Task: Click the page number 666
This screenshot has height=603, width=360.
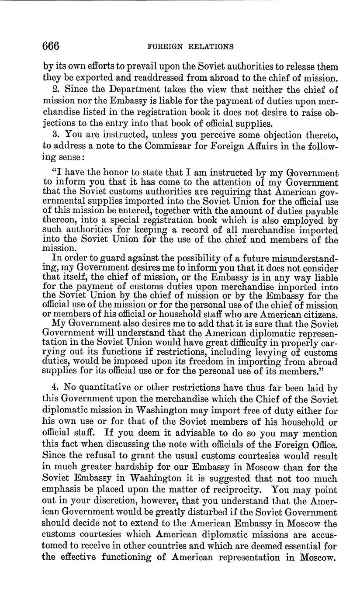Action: [x=51, y=46]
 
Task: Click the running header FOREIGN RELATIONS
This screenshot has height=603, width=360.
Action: [x=191, y=46]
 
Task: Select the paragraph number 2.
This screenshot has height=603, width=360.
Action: [x=55, y=90]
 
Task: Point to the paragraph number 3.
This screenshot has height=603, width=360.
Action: [x=55, y=135]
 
